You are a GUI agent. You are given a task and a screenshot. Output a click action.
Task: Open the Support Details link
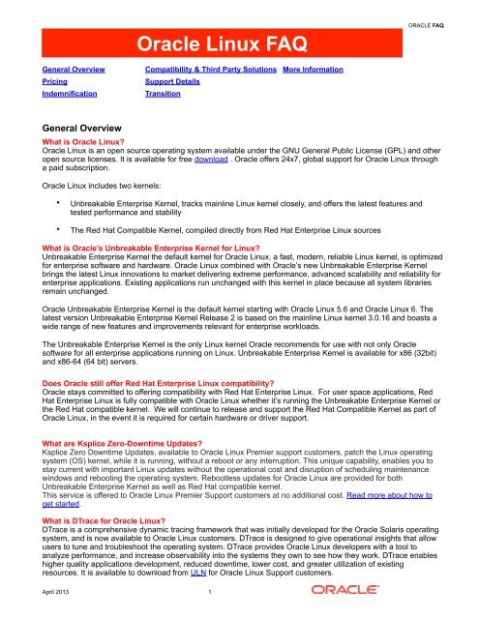[175, 85]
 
